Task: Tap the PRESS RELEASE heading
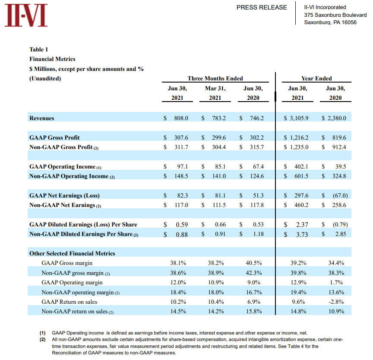tap(262, 7)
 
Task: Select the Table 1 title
tap(38, 49)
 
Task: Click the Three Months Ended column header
tap(215, 78)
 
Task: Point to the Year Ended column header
tap(316, 78)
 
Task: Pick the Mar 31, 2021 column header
tap(215, 93)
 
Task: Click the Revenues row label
tap(42, 118)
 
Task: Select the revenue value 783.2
tap(218, 118)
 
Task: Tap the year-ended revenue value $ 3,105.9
tap(296, 118)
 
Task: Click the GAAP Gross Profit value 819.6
tap(338, 137)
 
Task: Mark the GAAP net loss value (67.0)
tap(340, 195)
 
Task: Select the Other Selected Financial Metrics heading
tap(72, 253)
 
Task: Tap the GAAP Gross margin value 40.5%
tap(254, 263)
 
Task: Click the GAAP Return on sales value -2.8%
tap(335, 302)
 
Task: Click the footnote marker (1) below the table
tap(42, 333)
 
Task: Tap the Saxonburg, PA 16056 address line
tap(330, 22)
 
